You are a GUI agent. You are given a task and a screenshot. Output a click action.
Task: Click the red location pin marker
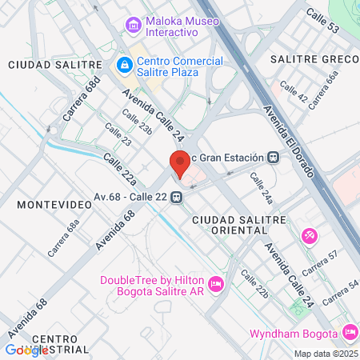coord(180,163)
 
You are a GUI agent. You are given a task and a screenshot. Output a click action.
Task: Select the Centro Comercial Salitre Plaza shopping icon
coord(123,64)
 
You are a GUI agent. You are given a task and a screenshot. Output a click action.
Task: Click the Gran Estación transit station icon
coord(274,157)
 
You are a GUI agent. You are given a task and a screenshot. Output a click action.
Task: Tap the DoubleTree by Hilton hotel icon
coord(214,284)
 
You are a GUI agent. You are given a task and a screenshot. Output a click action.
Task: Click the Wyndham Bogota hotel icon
coord(349,332)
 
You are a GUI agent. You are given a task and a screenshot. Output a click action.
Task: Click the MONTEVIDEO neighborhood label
coord(45,205)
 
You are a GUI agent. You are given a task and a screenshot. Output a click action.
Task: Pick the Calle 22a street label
coord(119,172)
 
